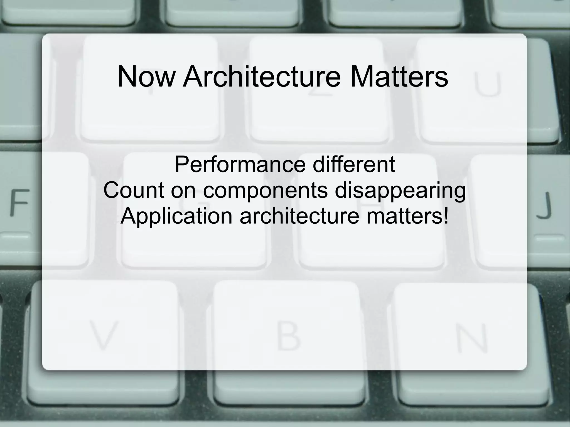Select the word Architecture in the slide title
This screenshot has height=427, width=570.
262,76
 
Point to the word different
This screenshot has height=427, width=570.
353,164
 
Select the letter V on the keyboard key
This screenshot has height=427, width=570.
103,335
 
